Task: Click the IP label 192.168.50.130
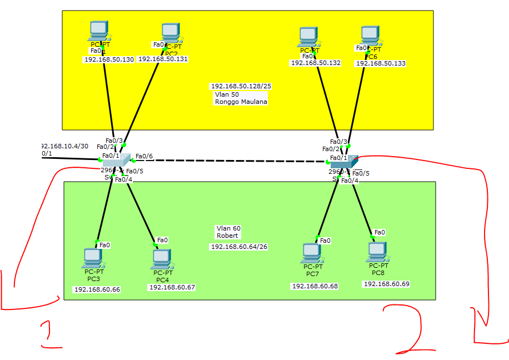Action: pyautogui.click(x=109, y=59)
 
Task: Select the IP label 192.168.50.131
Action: pyautogui.click(x=163, y=59)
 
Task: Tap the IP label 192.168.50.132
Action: pyautogui.click(x=315, y=63)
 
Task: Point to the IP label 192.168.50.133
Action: pyautogui.click(x=381, y=64)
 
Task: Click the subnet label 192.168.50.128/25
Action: pyautogui.click(x=241, y=87)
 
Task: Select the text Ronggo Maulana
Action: pyautogui.click(x=241, y=102)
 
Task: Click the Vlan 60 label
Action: pyautogui.click(x=228, y=228)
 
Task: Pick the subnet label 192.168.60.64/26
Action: pyautogui.click(x=239, y=247)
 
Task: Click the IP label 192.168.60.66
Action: pyautogui.click(x=97, y=289)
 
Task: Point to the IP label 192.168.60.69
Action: pyautogui.click(x=386, y=284)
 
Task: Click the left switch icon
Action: pyautogui.click(x=116, y=160)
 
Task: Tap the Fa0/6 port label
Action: pyautogui.click(x=144, y=156)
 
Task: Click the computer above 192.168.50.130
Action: pyautogui.click(x=99, y=31)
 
